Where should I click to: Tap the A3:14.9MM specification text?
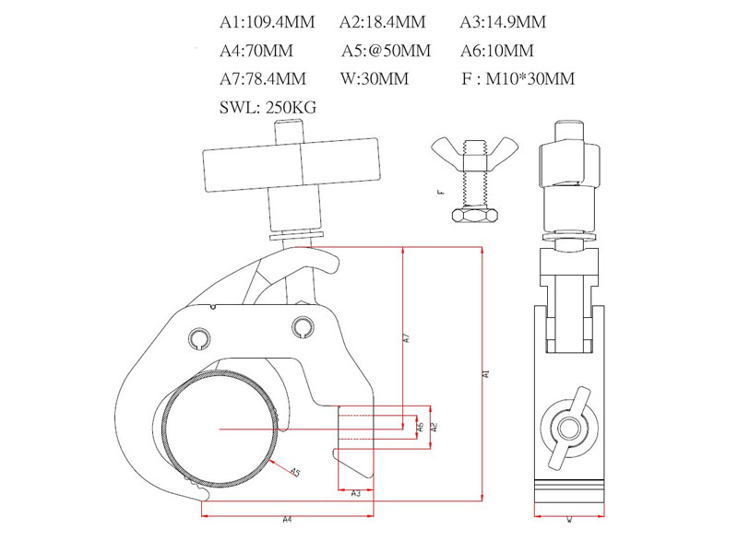coord(502,22)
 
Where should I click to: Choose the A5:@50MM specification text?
coord(385,52)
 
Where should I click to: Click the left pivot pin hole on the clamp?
coord(200,337)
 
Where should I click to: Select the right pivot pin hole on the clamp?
coord(303,327)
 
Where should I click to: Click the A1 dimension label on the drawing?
coord(486,373)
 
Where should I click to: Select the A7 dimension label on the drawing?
coord(406,338)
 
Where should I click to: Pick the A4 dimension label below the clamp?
coord(288,521)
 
